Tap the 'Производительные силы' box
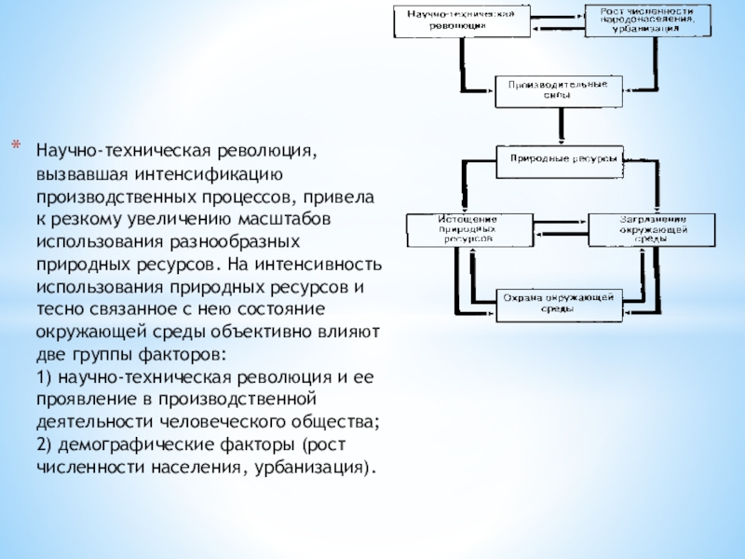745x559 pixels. point(558,90)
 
